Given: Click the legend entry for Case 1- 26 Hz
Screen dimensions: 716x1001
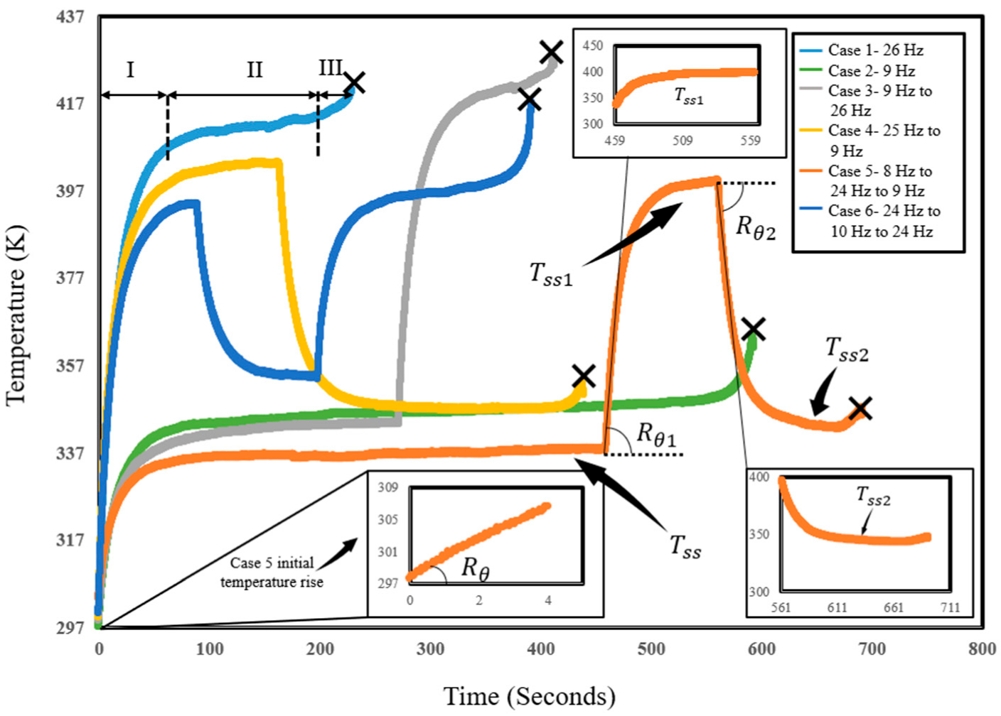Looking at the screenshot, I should tap(875, 50).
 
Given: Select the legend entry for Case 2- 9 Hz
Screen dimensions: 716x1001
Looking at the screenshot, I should tap(871, 71).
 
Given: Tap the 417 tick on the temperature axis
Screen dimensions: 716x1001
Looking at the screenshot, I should tap(70, 104).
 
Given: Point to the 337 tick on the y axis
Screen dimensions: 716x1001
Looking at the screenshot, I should tap(70, 452).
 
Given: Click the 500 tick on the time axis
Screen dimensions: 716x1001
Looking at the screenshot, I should tap(651, 648).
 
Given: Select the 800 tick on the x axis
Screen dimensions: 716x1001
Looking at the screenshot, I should tap(982, 648).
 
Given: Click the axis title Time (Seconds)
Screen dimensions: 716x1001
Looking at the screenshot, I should tap(530, 696).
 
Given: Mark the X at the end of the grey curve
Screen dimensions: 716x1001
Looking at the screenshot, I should tap(551, 52).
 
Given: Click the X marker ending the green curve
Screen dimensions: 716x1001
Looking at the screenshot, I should tap(754, 329).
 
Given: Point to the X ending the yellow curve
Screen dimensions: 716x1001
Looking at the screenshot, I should tap(584, 376).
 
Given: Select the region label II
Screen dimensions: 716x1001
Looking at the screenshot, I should tap(255, 70).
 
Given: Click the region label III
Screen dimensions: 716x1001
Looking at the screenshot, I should tap(331, 67).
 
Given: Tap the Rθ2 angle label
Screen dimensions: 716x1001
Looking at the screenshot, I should tap(755, 227).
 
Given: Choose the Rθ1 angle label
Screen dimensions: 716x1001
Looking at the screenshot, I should tap(655, 435).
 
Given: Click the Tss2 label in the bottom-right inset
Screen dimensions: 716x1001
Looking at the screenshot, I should tap(874, 497).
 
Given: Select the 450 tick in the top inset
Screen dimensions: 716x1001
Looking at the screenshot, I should tap(592, 45).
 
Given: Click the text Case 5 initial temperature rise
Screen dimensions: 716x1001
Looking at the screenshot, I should tap(272, 573).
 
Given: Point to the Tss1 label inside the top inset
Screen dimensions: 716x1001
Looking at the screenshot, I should tap(688, 97).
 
